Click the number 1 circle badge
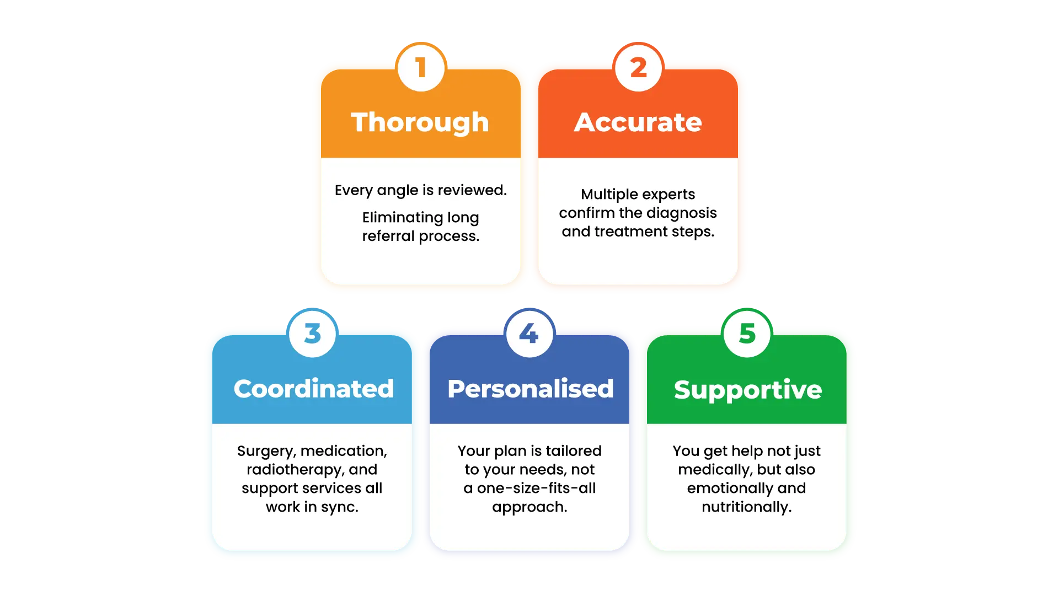point(421,68)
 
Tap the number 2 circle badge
point(638,68)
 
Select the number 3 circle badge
point(312,334)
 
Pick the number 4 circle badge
point(529,334)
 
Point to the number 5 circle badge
point(747,334)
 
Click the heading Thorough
point(420,122)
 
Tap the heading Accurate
point(638,122)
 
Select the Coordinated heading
point(313,389)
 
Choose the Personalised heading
point(530,389)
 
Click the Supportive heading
point(747,390)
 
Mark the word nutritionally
point(746,507)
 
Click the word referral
point(388,237)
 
